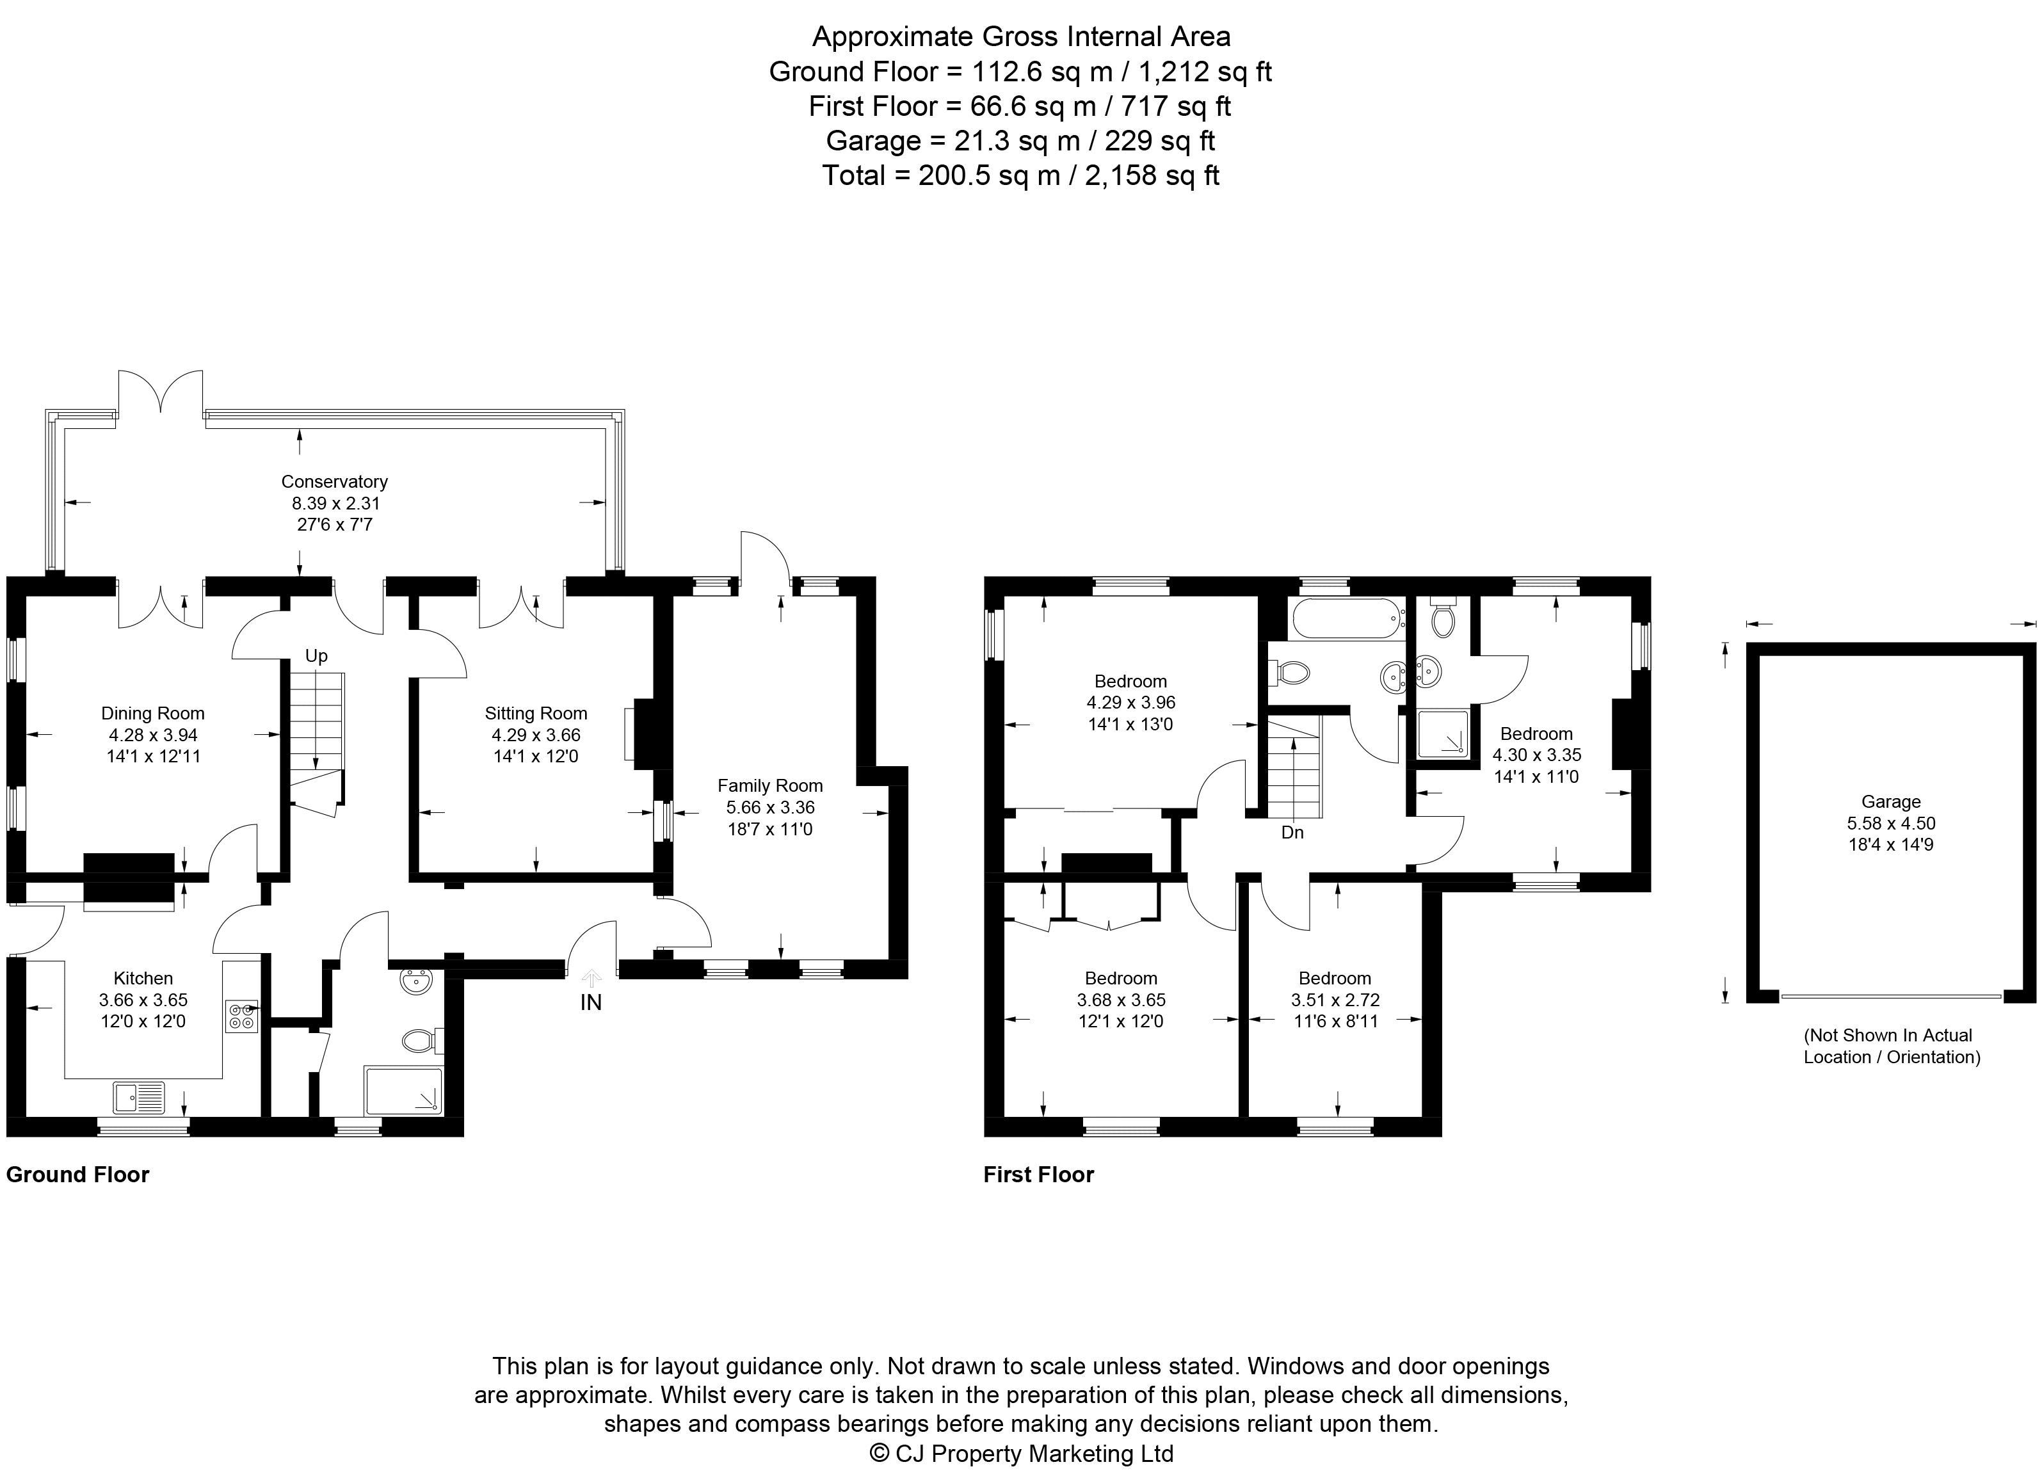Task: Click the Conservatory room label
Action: pyautogui.click(x=334, y=481)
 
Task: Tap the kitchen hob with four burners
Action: pyautogui.click(x=241, y=1017)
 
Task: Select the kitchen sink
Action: pyautogui.click(x=140, y=1097)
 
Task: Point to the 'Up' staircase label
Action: pyautogui.click(x=316, y=656)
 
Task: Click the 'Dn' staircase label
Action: pyautogui.click(x=1292, y=833)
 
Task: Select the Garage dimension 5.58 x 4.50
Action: pyautogui.click(x=1891, y=822)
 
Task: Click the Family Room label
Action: pyautogui.click(x=770, y=786)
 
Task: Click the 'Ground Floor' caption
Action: pyautogui.click(x=77, y=1175)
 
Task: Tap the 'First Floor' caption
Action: pyautogui.click(x=1038, y=1175)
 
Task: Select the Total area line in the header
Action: pyautogui.click(x=1020, y=175)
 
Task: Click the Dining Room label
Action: pyautogui.click(x=152, y=714)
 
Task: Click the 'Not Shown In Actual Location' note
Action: pyautogui.click(x=1891, y=1046)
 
